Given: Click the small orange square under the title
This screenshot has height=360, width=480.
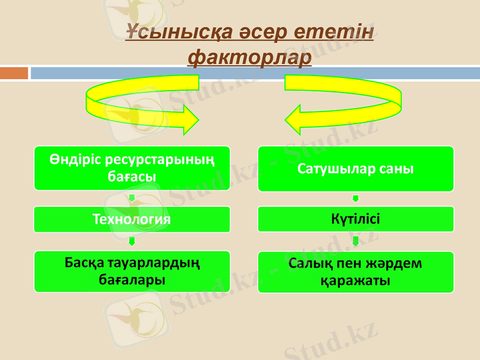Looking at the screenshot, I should coord(14,73).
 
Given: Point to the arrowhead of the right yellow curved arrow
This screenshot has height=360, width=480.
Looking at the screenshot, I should coord(296,120).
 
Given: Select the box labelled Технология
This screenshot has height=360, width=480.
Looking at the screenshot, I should coord(131,219).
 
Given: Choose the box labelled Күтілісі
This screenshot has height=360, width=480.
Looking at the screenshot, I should coord(356,219).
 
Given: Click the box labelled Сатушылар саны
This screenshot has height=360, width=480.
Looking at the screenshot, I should coord(356,169).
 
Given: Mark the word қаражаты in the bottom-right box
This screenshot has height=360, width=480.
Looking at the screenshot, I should coord(356,280).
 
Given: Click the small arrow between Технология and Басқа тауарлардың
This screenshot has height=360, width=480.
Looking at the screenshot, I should coord(131,241).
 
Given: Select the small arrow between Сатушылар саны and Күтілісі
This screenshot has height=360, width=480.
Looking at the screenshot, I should coord(356,199).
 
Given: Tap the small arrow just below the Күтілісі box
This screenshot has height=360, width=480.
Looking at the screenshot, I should coord(356,241).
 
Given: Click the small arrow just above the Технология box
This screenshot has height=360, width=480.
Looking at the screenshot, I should coord(131,199).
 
